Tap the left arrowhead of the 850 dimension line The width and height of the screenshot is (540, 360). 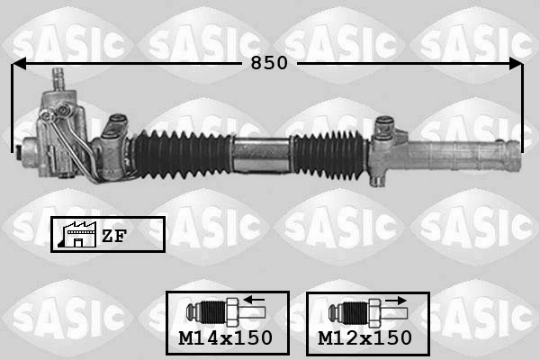click(x=18, y=63)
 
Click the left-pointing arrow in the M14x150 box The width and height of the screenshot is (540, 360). click(x=254, y=300)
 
